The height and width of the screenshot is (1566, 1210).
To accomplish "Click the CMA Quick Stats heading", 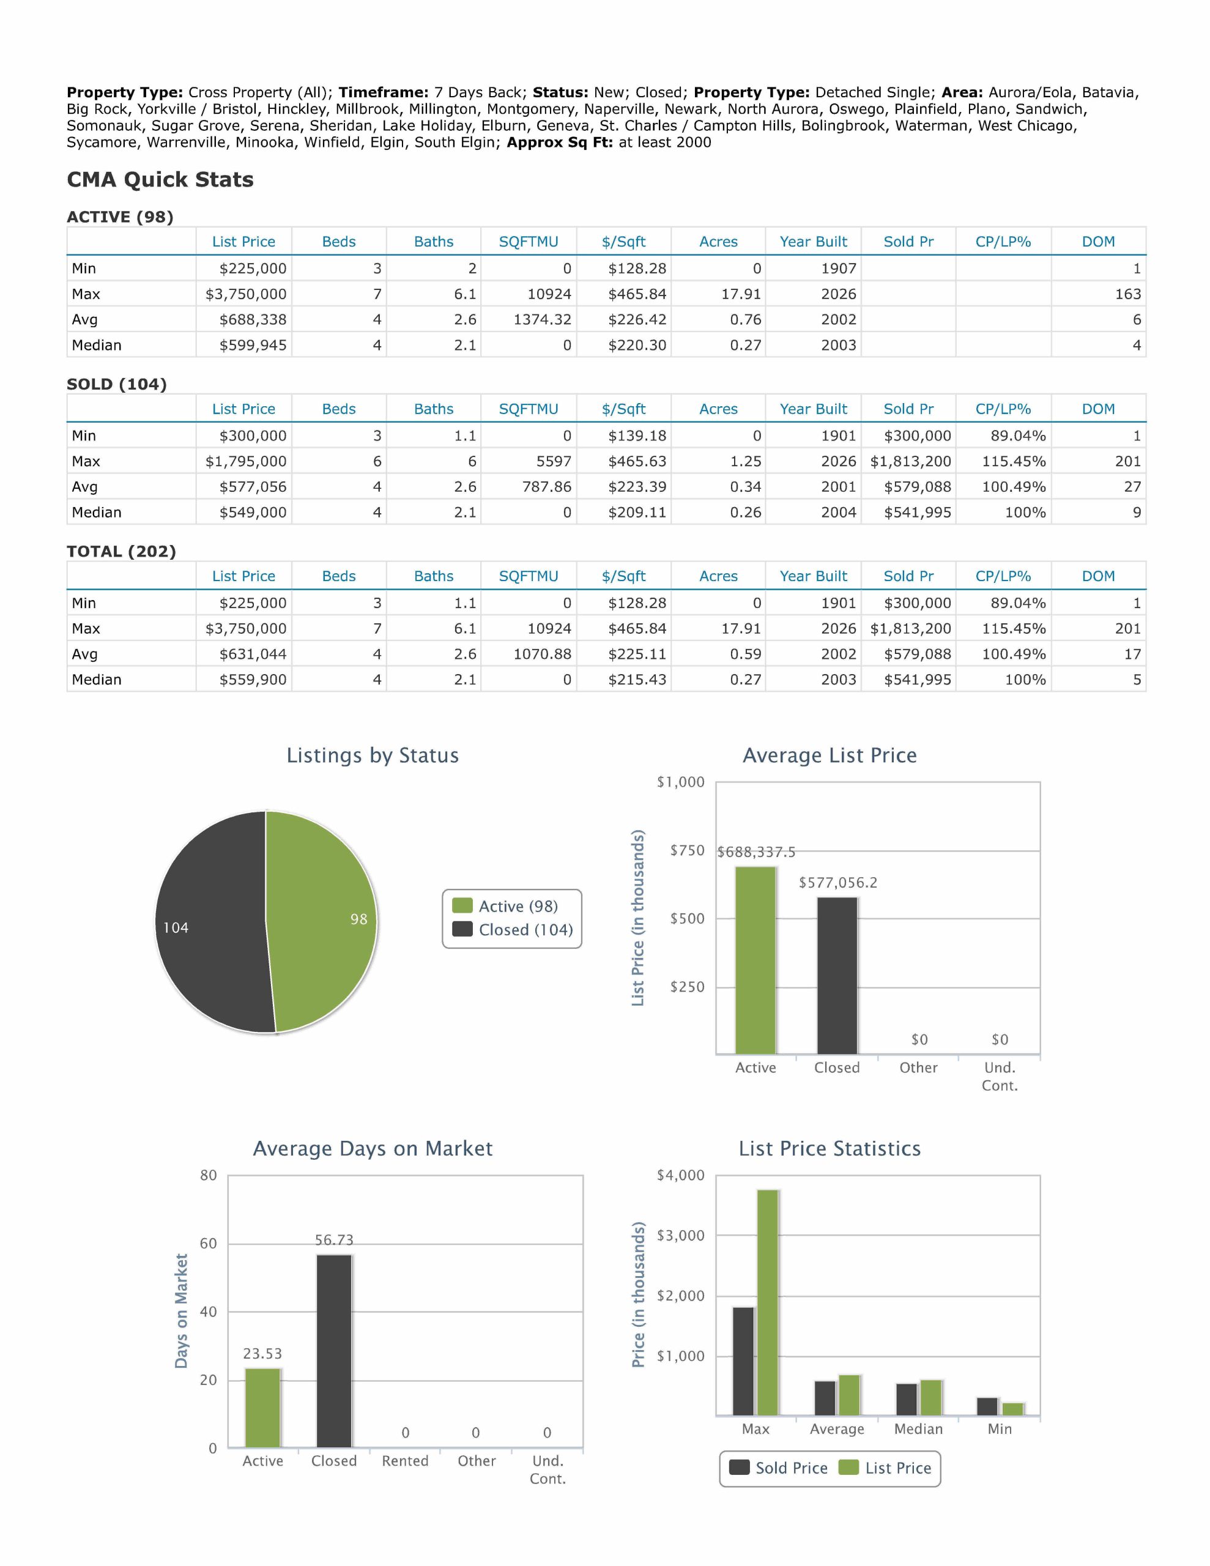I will click(x=160, y=179).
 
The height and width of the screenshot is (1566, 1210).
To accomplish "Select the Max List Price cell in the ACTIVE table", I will click(x=245, y=294).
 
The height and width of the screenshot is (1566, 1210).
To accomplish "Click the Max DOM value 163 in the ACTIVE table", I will click(x=1127, y=294).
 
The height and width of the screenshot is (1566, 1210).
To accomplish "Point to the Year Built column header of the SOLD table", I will click(x=814, y=409).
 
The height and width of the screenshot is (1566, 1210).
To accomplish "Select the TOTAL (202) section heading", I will click(x=121, y=551).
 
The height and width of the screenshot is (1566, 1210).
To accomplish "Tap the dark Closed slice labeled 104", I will click(x=208, y=925).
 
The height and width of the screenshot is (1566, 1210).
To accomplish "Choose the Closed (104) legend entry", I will click(x=525, y=930).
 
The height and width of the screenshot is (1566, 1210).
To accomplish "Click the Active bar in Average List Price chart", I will click(x=755, y=960).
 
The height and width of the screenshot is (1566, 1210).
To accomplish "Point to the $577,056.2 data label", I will click(x=837, y=883).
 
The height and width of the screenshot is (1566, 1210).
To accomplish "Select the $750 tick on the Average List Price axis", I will click(x=687, y=850).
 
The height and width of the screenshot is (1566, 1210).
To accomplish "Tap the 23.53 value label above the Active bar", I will click(x=262, y=1354).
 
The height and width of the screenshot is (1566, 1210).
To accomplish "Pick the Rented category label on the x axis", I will click(x=405, y=1461).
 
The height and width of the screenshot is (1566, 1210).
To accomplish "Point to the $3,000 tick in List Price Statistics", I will click(x=681, y=1236).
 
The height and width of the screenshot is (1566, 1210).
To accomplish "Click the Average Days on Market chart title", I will click(x=373, y=1149).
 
